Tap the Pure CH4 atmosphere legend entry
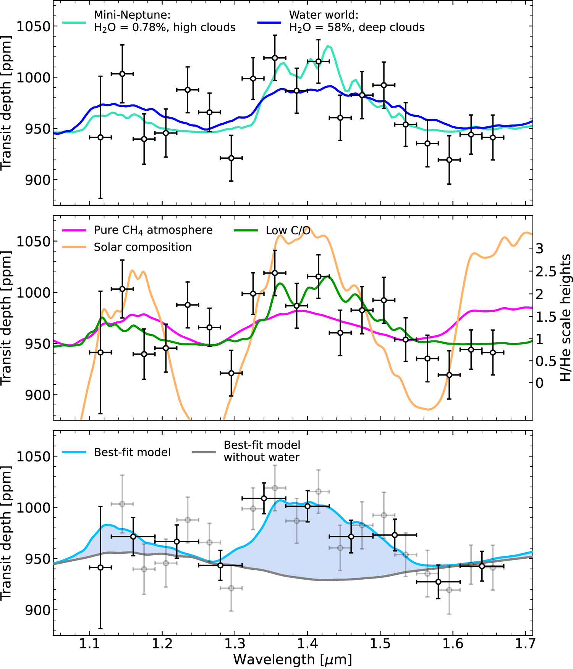point(153,230)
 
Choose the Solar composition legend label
point(142,247)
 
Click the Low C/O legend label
point(288,231)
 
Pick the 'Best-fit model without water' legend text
point(262,451)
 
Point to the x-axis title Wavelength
point(292,659)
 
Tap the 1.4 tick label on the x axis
point(308,644)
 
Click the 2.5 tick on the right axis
point(546,272)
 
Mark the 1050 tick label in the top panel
point(34,26)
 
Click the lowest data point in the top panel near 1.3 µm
point(231,158)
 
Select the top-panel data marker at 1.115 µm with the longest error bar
point(100,137)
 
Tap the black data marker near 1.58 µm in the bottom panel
point(438,582)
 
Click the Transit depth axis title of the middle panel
point(6,318)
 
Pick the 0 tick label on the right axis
point(539,383)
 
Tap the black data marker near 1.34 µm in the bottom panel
point(264,498)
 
